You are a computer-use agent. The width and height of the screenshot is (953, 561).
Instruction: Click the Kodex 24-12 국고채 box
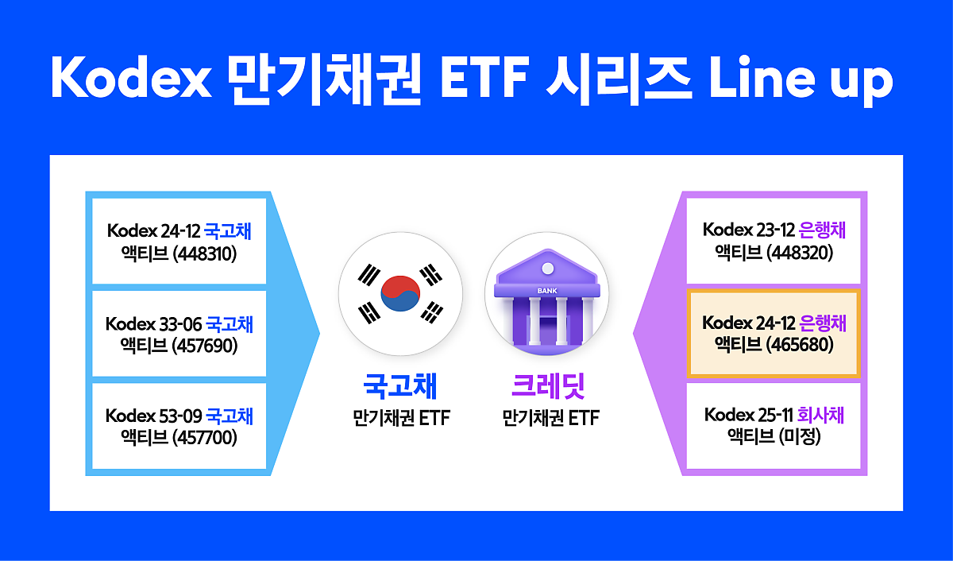[179, 242]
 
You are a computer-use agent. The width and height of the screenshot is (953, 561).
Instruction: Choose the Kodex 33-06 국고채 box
[179, 335]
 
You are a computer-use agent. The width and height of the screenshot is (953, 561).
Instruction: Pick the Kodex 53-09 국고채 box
[179, 426]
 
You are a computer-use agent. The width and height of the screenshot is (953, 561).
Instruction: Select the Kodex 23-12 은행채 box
[774, 241]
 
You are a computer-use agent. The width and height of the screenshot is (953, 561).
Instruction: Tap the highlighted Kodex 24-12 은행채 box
[774, 334]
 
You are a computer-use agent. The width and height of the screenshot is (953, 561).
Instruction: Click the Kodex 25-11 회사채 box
[774, 426]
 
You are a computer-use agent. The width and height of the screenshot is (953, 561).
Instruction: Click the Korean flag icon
[399, 293]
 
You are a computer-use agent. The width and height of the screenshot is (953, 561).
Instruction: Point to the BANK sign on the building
[547, 291]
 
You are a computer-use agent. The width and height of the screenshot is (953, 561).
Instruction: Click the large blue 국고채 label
[400, 386]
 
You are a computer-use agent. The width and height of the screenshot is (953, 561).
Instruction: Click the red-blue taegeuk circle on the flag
[399, 293]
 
